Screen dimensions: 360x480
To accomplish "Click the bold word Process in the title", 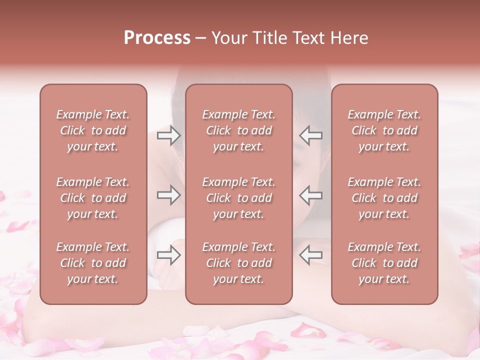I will (157, 38).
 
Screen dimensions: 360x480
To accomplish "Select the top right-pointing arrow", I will (168, 135).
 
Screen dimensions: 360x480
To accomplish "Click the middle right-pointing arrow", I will (168, 195).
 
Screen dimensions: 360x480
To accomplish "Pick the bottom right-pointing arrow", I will (168, 255).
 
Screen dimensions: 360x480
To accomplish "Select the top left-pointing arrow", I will (310, 135).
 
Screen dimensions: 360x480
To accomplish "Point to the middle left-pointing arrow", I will (310, 195).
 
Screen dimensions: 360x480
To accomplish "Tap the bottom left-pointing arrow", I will (310, 255).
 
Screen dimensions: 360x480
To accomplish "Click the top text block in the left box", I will (93, 130).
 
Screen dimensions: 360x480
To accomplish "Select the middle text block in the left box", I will (93, 198).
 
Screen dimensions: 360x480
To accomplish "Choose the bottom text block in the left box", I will (93, 263).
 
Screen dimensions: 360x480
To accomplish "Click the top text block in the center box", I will (239, 130).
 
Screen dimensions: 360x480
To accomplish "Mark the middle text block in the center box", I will (239, 198).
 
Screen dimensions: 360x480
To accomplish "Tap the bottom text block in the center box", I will (239, 263).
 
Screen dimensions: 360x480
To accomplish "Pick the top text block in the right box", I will (384, 130).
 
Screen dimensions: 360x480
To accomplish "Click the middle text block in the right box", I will (384, 198).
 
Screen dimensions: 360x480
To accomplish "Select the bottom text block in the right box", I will (384, 263).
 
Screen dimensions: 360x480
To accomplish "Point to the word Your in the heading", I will (228, 38).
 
